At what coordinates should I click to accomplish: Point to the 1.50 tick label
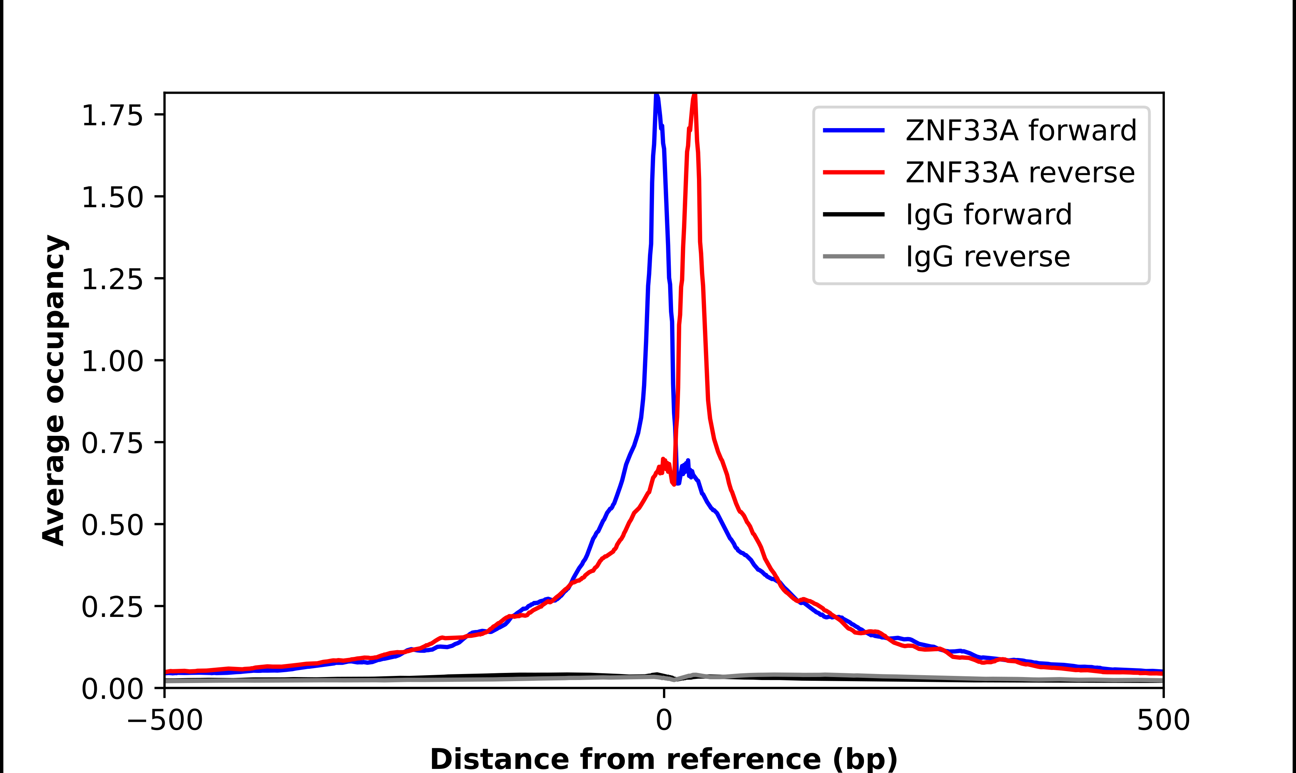[112, 198]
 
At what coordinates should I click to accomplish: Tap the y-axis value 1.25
[112, 279]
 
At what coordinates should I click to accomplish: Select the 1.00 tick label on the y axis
[112, 361]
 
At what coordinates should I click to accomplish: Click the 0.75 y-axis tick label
[112, 443]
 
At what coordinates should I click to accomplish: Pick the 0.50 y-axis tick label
[112, 525]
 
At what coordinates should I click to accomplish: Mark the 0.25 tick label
[112, 607]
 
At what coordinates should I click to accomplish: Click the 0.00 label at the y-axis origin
[112, 689]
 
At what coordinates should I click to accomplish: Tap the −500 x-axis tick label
[165, 720]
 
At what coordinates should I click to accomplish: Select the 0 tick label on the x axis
[663, 720]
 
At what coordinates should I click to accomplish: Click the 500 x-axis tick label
[1163, 720]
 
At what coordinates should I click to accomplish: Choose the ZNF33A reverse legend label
[1020, 173]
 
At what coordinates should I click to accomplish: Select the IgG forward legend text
[988, 215]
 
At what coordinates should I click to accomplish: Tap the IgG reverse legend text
[987, 257]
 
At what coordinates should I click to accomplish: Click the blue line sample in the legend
[854, 130]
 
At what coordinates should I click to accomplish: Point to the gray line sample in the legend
[854, 256]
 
